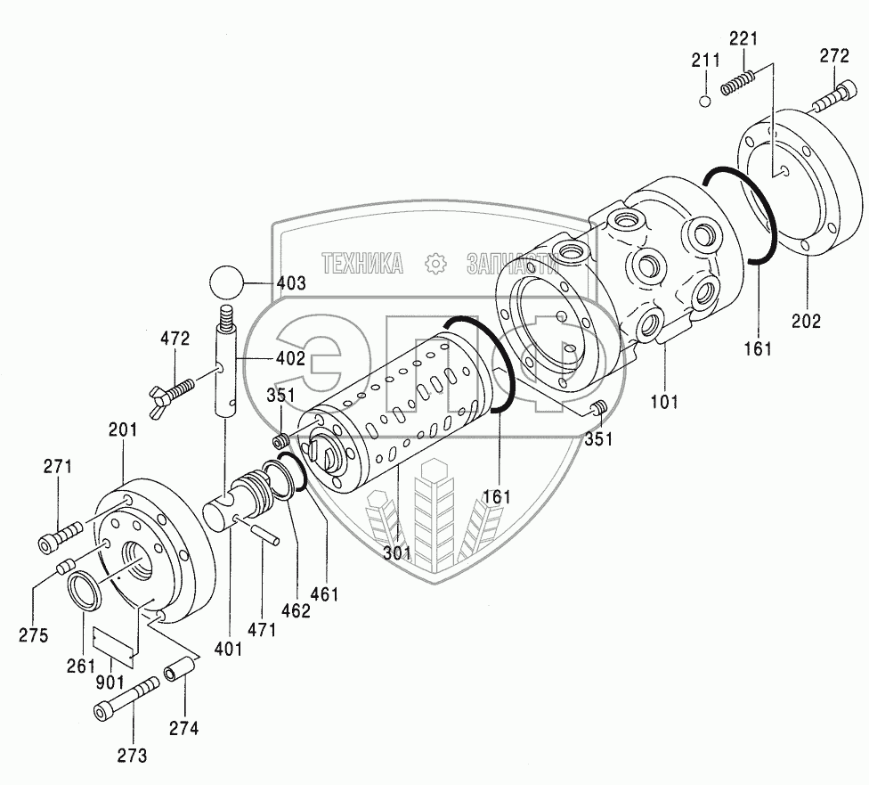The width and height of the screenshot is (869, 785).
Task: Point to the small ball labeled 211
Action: point(704,100)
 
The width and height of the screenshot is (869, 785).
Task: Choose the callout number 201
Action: point(124,430)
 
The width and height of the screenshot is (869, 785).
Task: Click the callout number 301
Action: point(397,553)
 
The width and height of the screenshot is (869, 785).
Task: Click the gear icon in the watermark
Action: point(434,263)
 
